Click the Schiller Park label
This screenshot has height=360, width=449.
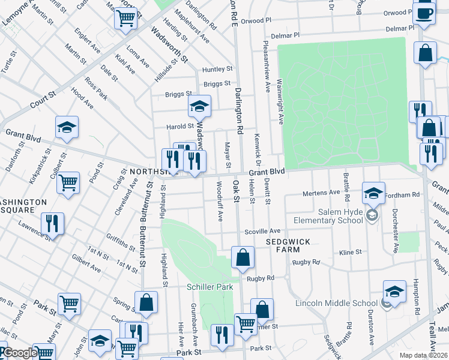209,287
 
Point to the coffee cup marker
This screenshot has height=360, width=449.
424,14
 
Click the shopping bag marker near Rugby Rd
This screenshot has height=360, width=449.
243,259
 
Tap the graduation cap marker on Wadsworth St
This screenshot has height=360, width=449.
199,107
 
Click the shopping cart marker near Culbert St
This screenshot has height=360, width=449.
68,182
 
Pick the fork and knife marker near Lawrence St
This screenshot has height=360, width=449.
53,224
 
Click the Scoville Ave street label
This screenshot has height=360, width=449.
262,231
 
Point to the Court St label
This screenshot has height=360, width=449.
43,99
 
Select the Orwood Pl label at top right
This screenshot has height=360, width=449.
398,12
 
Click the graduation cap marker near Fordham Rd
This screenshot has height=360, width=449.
373,193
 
